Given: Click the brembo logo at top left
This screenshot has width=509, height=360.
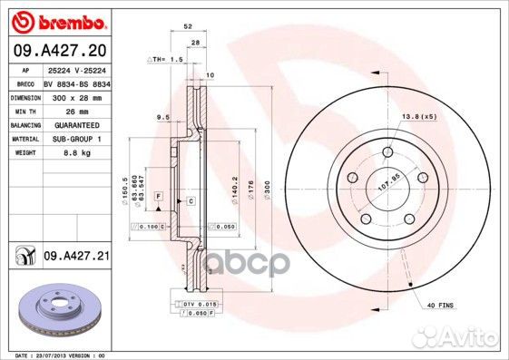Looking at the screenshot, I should pos(57,21).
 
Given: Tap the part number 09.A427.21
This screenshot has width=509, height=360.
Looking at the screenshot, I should pos(76,258).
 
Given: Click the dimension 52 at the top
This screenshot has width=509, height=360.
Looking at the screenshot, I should pos(186,27).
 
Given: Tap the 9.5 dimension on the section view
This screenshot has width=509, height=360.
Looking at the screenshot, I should pos(164,116).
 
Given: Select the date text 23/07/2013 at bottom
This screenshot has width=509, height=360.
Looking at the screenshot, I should pos(54,355).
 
